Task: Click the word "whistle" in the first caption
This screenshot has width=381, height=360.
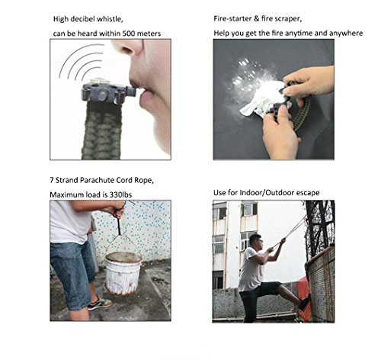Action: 110,19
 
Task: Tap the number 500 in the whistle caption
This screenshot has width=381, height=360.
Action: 130,34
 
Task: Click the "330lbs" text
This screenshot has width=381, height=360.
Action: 120,194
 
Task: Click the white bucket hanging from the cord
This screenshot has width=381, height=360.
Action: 123,273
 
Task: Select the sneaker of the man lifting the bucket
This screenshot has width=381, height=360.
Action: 100,304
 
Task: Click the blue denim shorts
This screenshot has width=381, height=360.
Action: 72,275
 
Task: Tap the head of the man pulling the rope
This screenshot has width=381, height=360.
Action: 255,243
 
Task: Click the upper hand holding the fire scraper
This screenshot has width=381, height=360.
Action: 309,82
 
